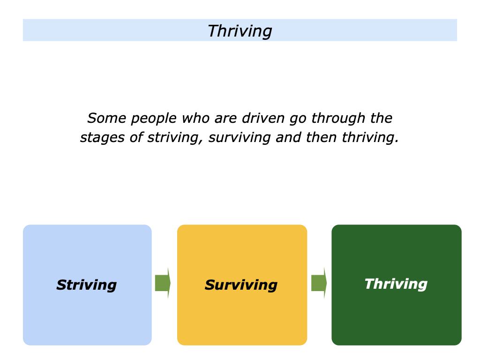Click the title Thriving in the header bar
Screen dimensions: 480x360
240,31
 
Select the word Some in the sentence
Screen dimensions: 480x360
106,118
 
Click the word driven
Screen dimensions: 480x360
263,118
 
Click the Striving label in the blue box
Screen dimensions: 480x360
87,285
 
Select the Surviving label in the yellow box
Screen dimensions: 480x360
241,285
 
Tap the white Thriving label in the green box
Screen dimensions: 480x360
396,285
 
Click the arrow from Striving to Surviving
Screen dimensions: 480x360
163,283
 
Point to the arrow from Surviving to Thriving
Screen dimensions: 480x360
319,283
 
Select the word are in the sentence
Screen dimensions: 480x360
225,119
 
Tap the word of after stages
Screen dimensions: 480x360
136,138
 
